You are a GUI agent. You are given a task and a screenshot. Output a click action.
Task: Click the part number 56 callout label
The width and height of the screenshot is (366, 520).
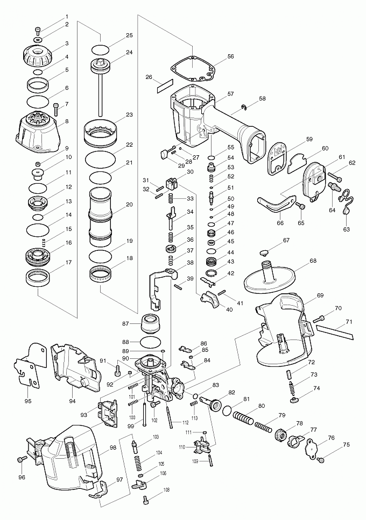point(230,56)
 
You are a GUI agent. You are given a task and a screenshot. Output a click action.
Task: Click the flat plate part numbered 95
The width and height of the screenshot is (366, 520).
point(26,365)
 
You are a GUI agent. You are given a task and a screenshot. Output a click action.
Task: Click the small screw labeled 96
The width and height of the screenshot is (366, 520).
point(22,460)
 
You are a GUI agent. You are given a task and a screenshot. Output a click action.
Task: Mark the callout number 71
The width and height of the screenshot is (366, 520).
point(349,322)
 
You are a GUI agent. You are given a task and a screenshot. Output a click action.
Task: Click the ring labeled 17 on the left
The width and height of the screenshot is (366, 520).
point(39,278)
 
